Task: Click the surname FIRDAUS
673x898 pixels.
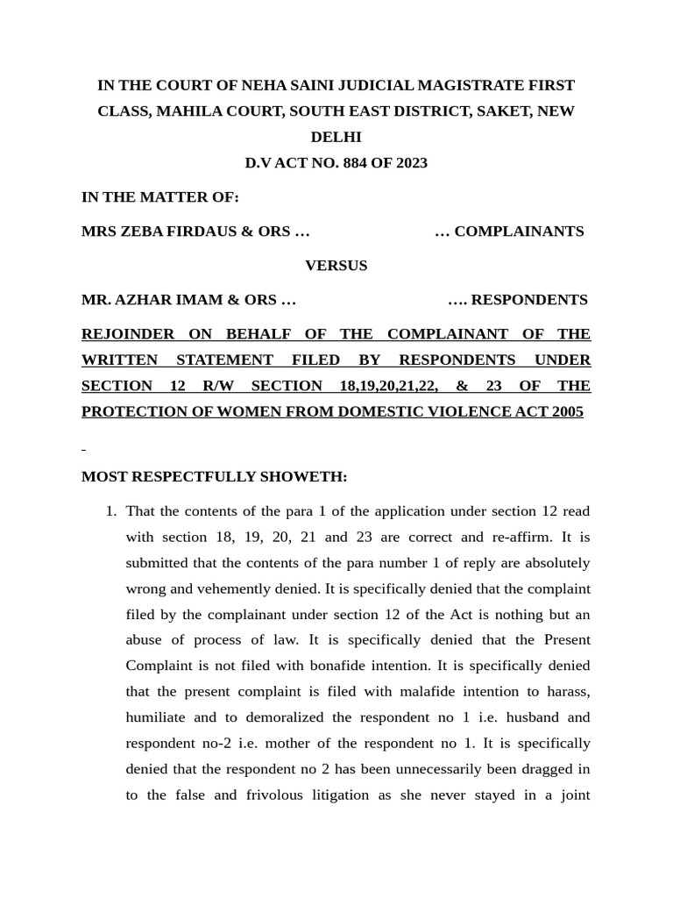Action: (x=197, y=232)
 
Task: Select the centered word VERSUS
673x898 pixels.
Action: (x=336, y=266)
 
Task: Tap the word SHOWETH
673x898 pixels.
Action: (x=308, y=477)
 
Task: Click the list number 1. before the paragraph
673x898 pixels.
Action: (x=110, y=511)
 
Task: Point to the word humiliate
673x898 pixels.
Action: (x=155, y=717)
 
